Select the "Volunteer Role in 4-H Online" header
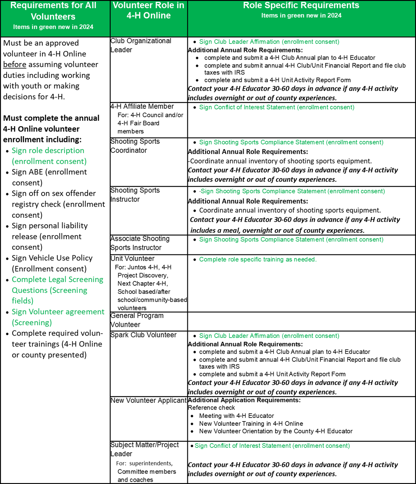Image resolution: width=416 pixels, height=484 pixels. pos(148,11)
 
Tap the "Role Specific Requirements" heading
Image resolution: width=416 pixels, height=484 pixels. pos(301,6)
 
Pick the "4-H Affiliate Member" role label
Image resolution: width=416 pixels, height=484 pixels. pos(142,106)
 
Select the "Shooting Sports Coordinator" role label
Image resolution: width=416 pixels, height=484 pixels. pos(135,146)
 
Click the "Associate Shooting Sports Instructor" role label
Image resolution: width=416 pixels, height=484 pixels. pos(140,243)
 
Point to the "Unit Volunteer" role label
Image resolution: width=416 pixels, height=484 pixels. pos(132,258)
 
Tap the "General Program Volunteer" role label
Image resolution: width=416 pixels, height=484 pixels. pos(137,320)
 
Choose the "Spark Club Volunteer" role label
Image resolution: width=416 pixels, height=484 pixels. pos(143,335)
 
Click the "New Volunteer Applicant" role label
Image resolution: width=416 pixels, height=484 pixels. pos(149,400)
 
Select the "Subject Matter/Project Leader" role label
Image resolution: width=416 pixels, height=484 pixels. pos(144,449)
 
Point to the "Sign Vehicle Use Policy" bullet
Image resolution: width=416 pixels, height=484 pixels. pos(52,258)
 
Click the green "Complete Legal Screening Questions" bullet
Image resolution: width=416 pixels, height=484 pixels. pos(57,279)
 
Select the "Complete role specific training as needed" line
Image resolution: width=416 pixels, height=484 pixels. pos(258,260)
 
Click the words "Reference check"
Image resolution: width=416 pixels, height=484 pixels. pos(211,408)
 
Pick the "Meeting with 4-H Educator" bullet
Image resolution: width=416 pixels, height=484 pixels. pos(237,416)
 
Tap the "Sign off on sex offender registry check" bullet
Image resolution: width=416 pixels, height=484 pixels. pos(54,194)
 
